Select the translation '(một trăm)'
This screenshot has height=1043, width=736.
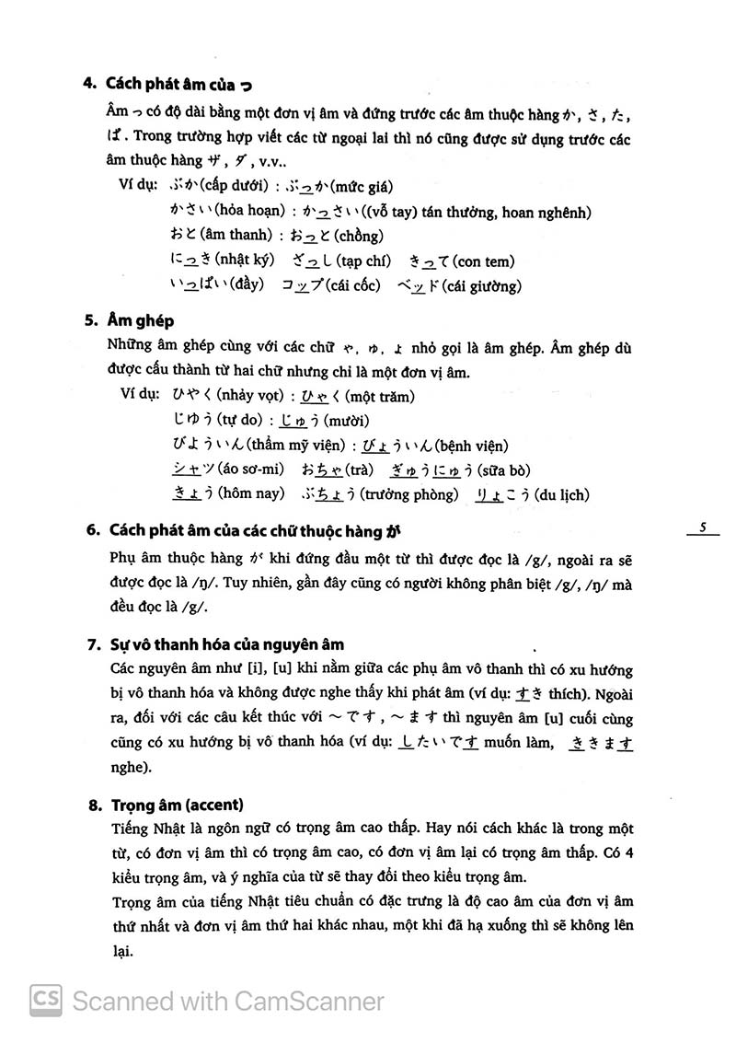pos(381,397)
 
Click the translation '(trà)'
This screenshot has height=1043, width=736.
pos(354,470)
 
